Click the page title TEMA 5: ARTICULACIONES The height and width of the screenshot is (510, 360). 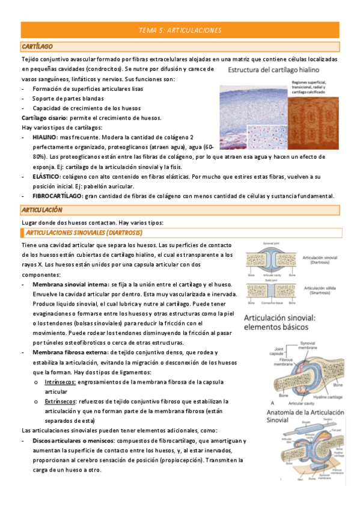click(180, 29)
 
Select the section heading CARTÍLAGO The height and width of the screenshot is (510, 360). click(37, 46)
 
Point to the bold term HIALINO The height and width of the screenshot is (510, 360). click(46, 137)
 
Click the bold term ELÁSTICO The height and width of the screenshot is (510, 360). click(46, 176)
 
